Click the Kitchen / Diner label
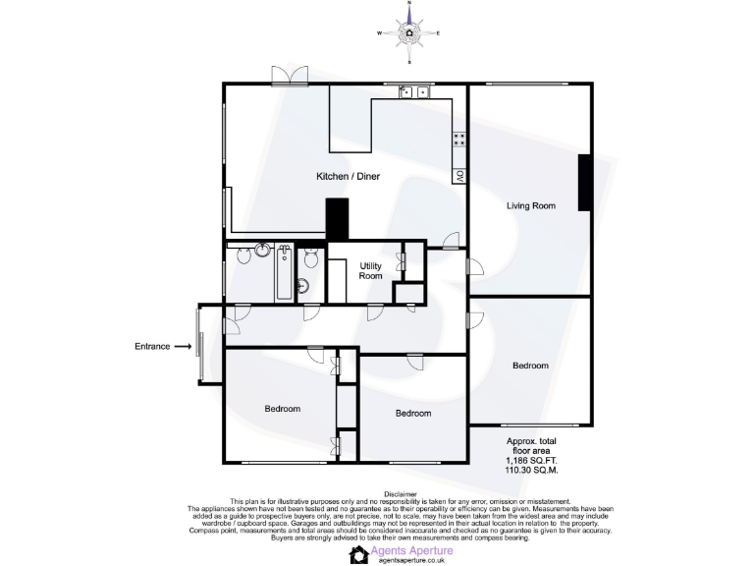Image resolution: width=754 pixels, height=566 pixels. (348, 177)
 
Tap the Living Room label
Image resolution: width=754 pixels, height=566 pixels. (531, 206)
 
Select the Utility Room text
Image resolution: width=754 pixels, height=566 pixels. (370, 271)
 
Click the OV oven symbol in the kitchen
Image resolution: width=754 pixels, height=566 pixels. (458, 176)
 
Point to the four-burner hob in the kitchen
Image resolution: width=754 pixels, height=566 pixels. (458, 140)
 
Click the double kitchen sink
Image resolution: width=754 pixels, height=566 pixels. (415, 91)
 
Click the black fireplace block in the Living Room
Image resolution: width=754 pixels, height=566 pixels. (584, 183)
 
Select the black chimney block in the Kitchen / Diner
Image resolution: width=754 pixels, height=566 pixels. (337, 218)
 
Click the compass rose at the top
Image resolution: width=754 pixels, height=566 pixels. (408, 32)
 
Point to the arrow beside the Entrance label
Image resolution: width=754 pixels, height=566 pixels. (184, 346)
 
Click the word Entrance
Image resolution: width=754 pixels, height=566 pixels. (152, 346)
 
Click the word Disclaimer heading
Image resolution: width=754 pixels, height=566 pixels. (400, 494)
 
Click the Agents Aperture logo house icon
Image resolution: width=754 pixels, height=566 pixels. (359, 555)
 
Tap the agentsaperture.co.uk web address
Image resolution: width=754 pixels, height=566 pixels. (411, 561)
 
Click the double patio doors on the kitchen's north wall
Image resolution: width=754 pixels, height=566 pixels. (284, 75)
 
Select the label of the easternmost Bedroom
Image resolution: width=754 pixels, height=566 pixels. (530, 366)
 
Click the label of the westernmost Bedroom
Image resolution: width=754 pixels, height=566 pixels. (283, 409)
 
